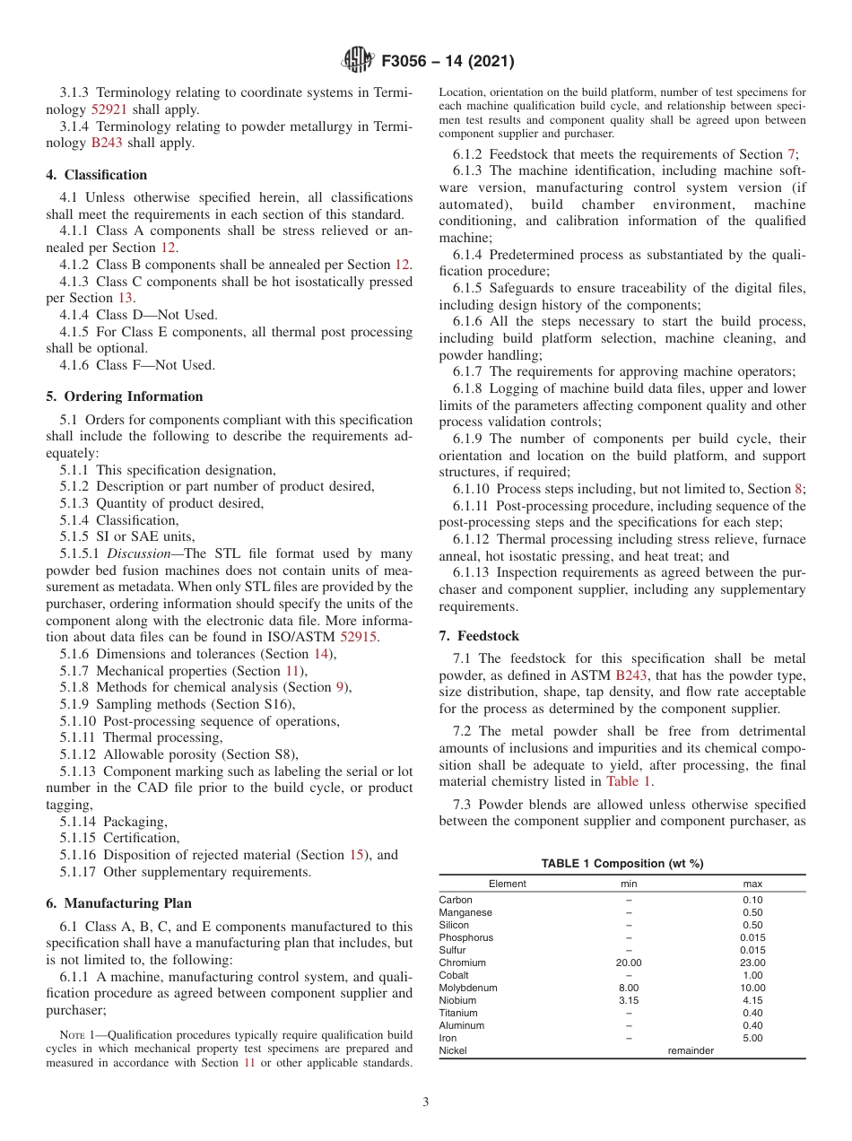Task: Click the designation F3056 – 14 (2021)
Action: (x=448, y=62)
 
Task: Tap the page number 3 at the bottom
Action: (x=426, y=1102)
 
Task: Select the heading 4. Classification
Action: (x=97, y=175)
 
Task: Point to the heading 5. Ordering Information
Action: (x=125, y=396)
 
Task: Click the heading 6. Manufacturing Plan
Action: (x=118, y=903)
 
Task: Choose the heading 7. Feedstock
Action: (x=479, y=636)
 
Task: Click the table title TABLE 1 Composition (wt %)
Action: (x=622, y=864)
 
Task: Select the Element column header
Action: (x=508, y=884)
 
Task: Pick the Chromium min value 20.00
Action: (x=629, y=962)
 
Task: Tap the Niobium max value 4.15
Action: (x=752, y=1000)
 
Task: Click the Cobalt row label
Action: (x=454, y=975)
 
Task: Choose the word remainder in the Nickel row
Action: (x=691, y=1050)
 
